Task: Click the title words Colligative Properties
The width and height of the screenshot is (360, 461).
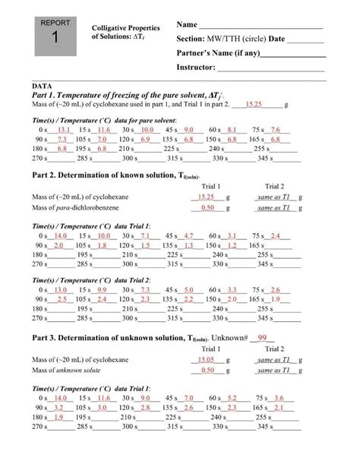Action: coord(122,26)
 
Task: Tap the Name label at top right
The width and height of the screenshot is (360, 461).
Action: coord(188,25)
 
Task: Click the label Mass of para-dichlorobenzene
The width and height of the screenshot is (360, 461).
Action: coord(81,207)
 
